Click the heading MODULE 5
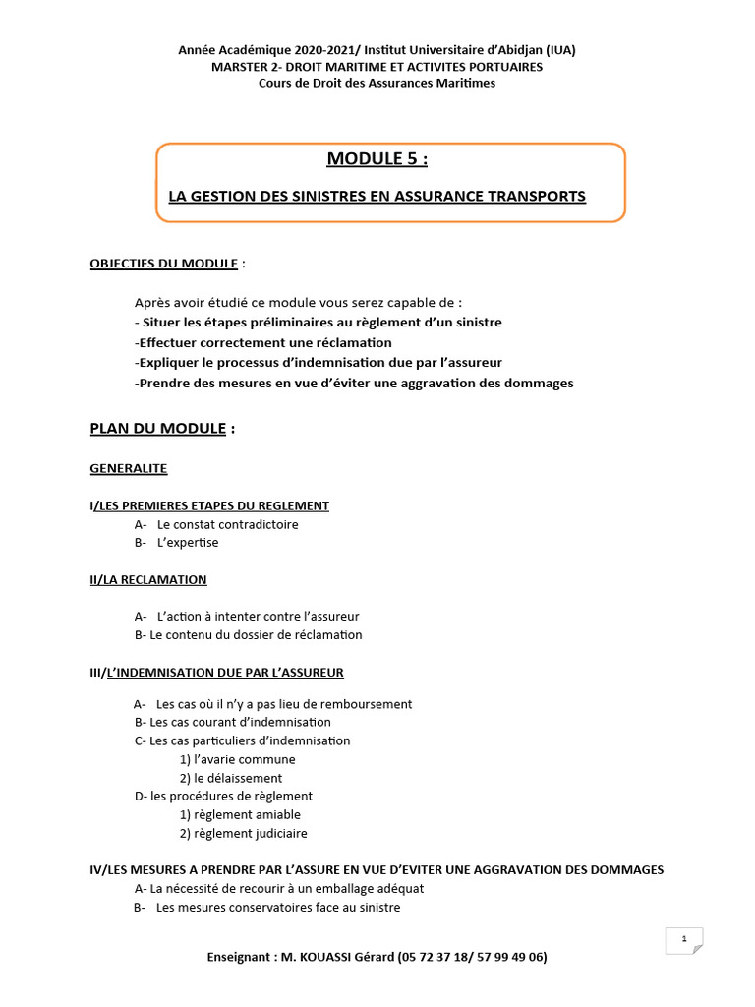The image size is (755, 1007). pyautogui.click(x=377, y=159)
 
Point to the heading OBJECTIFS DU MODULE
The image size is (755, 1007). pyautogui.click(x=164, y=264)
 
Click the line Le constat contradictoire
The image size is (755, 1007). pyautogui.click(x=227, y=524)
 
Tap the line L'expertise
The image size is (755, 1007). pyautogui.click(x=188, y=543)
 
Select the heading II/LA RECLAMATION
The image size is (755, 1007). pyautogui.click(x=148, y=580)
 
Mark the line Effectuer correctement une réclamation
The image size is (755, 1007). pyautogui.click(x=263, y=343)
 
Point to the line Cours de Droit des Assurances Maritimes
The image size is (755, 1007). pyautogui.click(x=377, y=83)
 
